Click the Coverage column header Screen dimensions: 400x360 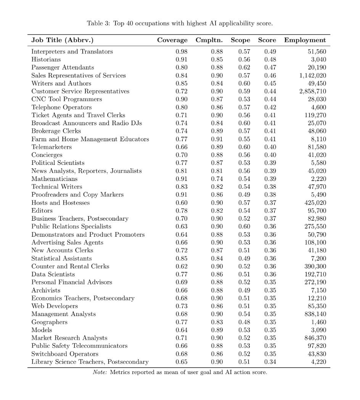(172, 40)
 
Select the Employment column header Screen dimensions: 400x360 (305, 40)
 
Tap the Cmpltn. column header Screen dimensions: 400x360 (209, 40)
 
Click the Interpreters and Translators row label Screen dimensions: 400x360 (72, 52)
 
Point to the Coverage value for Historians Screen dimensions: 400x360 (182, 60)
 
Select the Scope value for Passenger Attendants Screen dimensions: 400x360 (244, 68)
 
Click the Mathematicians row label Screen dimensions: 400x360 (54, 179)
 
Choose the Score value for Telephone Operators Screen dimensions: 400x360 (270, 107)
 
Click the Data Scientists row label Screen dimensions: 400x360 (53, 274)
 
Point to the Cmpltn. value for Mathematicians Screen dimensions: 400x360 (217, 179)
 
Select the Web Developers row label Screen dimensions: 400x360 (55, 306)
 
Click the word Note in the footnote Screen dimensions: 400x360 (100, 372)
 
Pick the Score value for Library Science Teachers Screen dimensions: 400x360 (270, 362)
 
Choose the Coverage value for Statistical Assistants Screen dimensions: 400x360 (182, 258)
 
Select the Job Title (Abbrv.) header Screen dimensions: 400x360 (62, 40)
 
